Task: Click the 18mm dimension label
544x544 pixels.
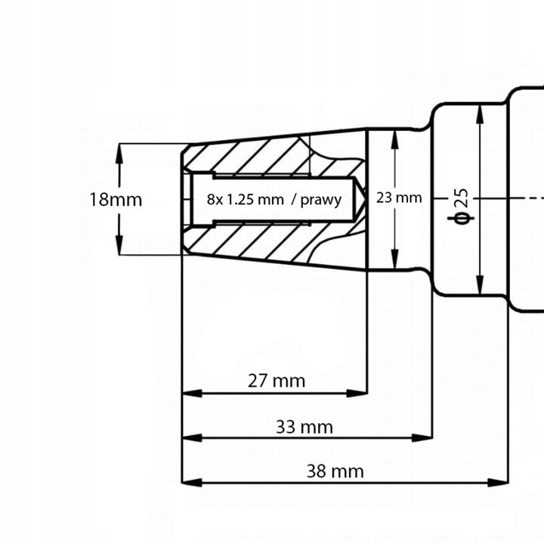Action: pos(115,200)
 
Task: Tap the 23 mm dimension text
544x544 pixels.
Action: pos(398,198)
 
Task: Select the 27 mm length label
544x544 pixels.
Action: pos(277,381)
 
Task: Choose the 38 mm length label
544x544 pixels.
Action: pos(335,472)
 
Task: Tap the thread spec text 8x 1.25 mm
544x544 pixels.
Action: pos(245,200)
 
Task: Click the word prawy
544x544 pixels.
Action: pos(321,200)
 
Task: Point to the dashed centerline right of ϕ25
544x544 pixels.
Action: pos(521,198)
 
